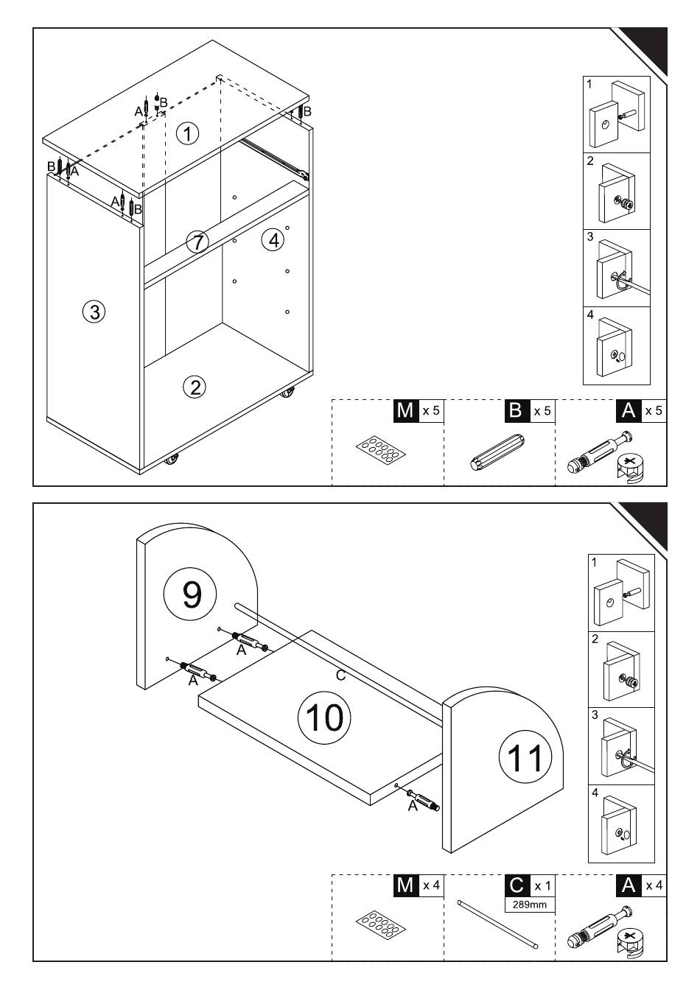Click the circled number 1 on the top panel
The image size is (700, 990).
click(188, 134)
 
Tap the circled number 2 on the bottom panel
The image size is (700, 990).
click(195, 387)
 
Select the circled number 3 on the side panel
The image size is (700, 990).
click(94, 312)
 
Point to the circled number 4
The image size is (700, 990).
click(273, 239)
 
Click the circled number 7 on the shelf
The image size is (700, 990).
click(197, 242)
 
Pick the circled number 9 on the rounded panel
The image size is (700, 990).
click(192, 593)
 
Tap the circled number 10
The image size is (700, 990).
click(325, 717)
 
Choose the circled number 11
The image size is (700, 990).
click(525, 757)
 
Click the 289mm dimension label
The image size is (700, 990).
click(530, 904)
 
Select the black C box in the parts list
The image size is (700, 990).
click(517, 885)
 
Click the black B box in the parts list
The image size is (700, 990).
click(516, 410)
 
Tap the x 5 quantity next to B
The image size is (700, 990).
click(542, 410)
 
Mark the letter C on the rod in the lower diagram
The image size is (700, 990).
click(340, 674)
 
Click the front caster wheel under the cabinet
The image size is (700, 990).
click(172, 461)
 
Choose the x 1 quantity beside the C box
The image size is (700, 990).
click(542, 885)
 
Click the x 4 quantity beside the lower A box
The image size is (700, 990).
click(654, 885)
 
